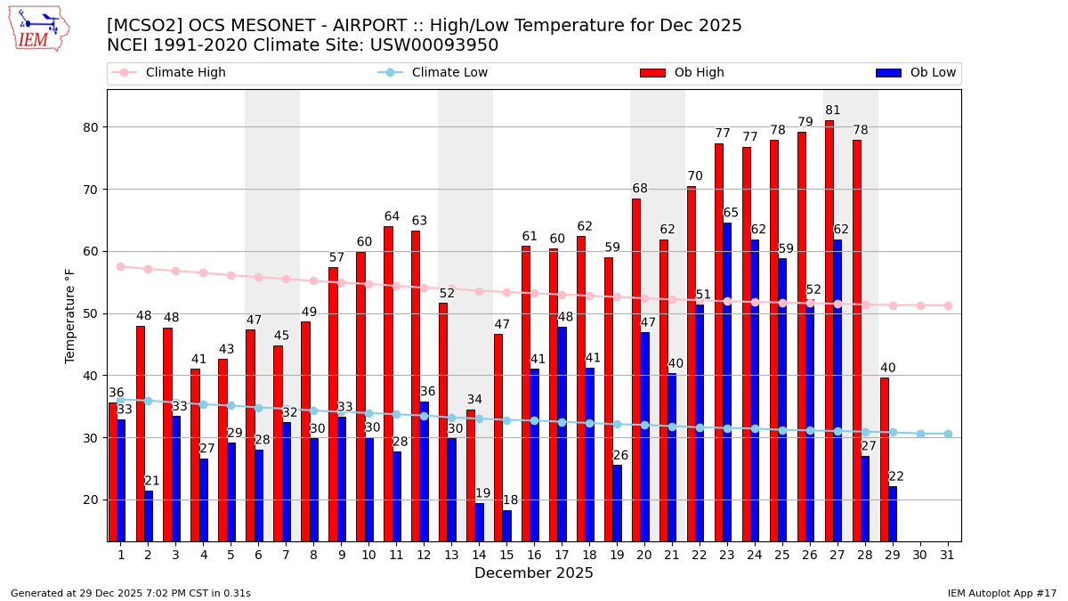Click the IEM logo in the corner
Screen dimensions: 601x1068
[38, 28]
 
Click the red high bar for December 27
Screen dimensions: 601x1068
[829, 329]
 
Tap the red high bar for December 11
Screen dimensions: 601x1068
[388, 383]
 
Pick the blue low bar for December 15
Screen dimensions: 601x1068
[506, 525]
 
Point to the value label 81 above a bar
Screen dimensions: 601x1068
[833, 110]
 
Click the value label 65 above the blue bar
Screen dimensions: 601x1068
[731, 213]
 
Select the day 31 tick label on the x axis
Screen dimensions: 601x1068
[948, 555]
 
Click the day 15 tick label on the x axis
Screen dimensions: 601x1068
[506, 555]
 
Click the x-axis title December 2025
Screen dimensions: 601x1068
[533, 573]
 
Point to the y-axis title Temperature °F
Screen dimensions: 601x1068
[70, 315]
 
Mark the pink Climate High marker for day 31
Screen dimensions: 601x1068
[948, 305]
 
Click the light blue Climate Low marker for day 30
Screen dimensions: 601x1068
[920, 434]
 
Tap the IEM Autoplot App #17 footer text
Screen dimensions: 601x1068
[1001, 593]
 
